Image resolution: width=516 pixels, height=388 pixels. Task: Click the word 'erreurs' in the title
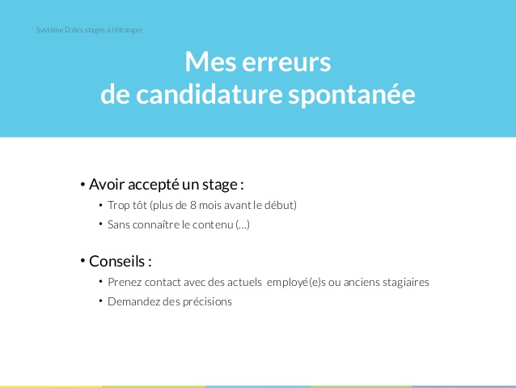[289, 62]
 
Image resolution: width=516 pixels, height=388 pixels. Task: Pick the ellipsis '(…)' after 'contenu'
[243, 225]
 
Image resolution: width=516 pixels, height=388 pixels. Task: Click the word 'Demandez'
[133, 301]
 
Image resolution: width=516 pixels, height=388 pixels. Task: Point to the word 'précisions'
[205, 301]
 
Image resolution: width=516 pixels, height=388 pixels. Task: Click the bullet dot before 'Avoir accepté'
[82, 184]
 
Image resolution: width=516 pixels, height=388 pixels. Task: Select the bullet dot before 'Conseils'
[82, 261]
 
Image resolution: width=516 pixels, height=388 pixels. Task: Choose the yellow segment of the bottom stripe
[51, 386]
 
